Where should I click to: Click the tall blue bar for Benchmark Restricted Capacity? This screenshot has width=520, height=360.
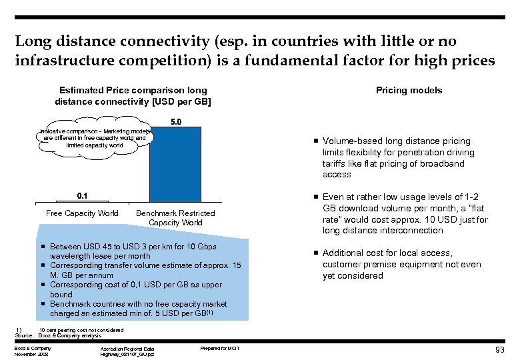(175, 163)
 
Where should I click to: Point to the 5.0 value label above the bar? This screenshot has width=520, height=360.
(175, 122)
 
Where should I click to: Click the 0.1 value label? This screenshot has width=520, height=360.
(82, 195)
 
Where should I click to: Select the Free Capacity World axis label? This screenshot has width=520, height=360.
(82, 213)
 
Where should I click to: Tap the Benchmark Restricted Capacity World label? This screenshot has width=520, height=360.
(175, 218)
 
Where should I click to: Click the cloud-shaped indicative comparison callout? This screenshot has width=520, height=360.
(95, 138)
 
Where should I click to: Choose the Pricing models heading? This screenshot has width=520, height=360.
(409, 90)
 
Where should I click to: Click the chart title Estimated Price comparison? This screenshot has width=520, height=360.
(133, 95)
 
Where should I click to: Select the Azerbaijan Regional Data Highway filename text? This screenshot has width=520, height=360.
(127, 351)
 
